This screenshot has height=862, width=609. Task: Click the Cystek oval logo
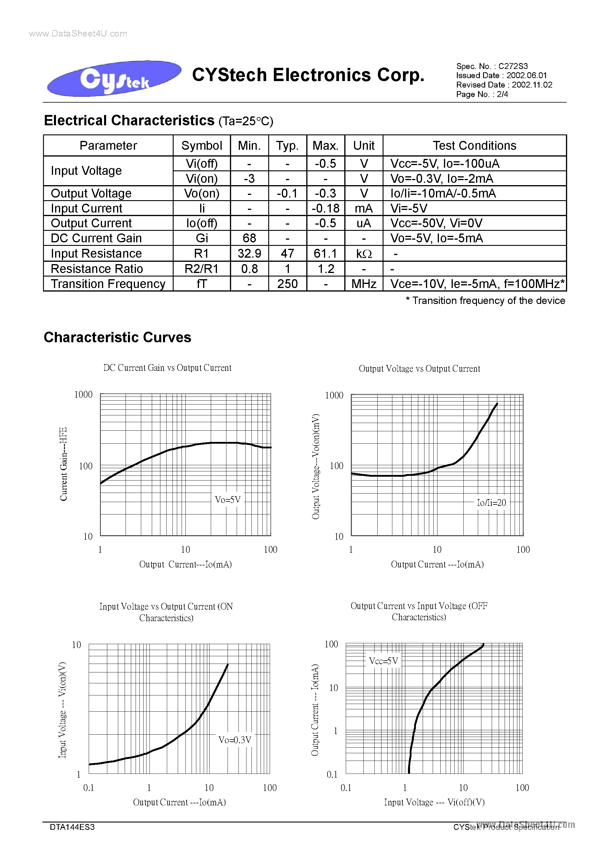pyautogui.click(x=114, y=78)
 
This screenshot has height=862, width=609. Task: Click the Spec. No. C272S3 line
pyautogui.click(x=492, y=66)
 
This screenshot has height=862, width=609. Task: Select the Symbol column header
pyautogui.click(x=202, y=146)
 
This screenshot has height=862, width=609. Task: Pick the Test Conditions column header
pyautogui.click(x=474, y=146)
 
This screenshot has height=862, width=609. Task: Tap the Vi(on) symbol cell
pyautogui.click(x=202, y=178)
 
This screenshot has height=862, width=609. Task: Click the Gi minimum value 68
pyautogui.click(x=249, y=238)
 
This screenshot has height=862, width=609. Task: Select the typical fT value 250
pyautogui.click(x=287, y=284)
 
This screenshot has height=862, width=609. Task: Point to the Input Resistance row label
pyautogui.click(x=96, y=254)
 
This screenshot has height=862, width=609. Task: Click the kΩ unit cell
pyautogui.click(x=363, y=254)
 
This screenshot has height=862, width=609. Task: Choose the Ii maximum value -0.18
pyautogui.click(x=325, y=208)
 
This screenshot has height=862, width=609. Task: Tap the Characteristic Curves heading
pyautogui.click(x=118, y=337)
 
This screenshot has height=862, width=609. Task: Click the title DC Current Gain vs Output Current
pyautogui.click(x=167, y=368)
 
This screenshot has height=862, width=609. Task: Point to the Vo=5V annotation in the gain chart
pyautogui.click(x=228, y=499)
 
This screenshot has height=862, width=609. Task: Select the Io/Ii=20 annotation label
pyautogui.click(x=491, y=502)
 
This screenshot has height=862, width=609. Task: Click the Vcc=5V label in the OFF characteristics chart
pyautogui.click(x=383, y=661)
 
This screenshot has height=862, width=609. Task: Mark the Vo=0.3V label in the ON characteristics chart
pyautogui.click(x=235, y=740)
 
